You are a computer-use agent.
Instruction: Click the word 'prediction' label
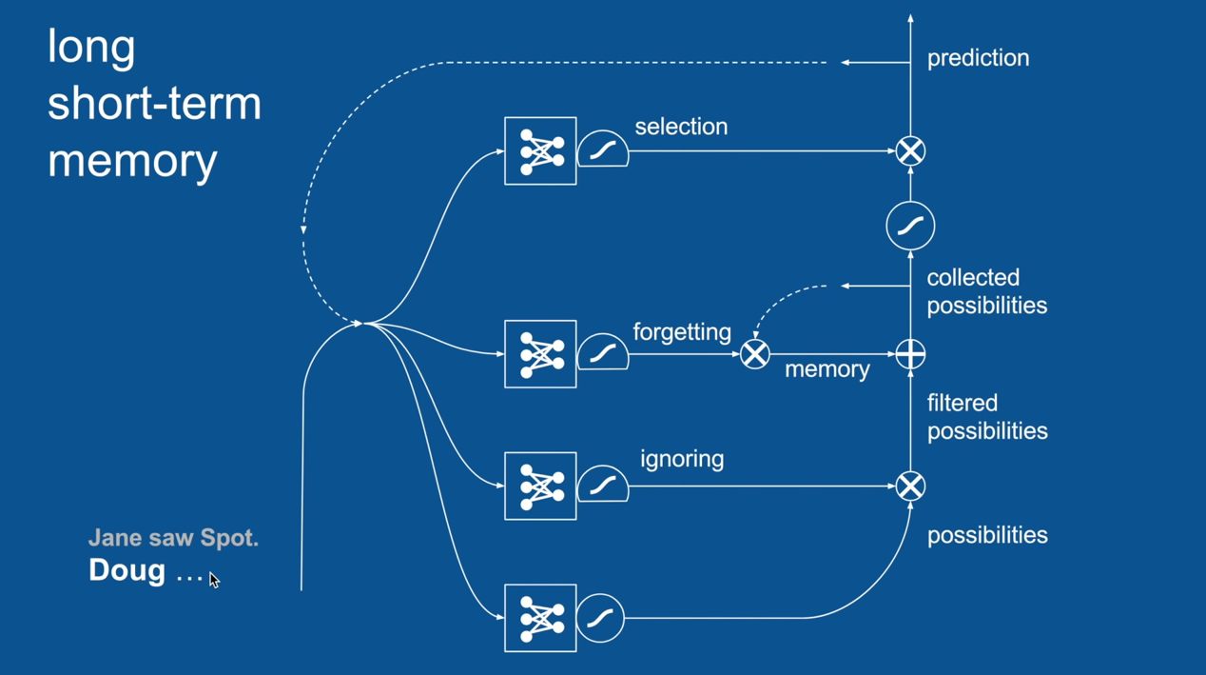pos(978,58)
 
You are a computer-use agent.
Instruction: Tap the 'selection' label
pos(681,127)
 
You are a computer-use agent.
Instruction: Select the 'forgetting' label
pos(682,332)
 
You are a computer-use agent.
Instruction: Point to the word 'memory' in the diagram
pos(827,369)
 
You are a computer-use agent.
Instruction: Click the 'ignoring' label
pos(682,459)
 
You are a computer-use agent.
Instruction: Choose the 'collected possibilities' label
pos(986,291)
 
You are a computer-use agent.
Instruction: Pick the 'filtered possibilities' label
pos(986,417)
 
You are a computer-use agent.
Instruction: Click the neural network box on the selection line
pos(540,151)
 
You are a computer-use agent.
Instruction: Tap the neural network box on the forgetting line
pos(540,354)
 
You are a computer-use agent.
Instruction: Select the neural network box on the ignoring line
pos(540,486)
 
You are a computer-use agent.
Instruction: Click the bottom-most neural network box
pos(540,618)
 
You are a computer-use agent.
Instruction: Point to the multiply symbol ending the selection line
pos(910,151)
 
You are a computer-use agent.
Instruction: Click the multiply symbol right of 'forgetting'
pos(754,354)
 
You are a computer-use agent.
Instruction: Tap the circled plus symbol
pos(910,354)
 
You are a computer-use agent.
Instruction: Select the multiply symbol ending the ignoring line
pos(910,486)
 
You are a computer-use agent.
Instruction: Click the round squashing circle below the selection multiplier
pos(910,226)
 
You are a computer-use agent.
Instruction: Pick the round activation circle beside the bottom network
pos(600,618)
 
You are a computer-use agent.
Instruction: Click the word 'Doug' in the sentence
pos(126,570)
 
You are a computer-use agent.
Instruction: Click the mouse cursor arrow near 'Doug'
pos(214,580)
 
